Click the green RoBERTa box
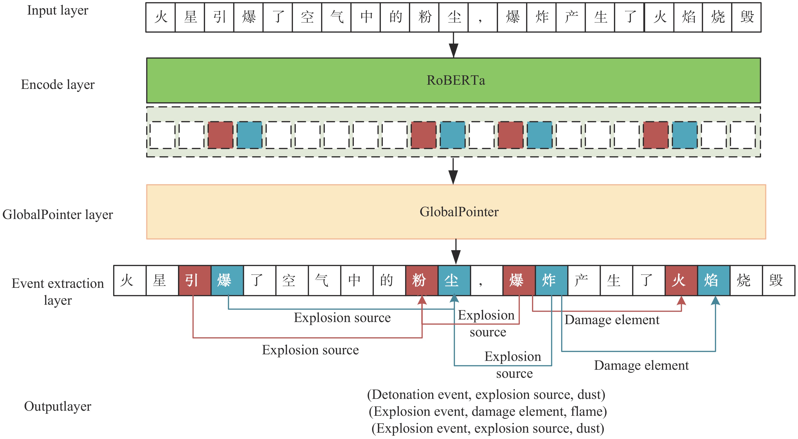coord(453,80)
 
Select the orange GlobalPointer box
coord(456,212)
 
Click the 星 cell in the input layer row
coord(190,17)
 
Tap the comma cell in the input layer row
coord(483,17)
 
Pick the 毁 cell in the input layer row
coord(746,17)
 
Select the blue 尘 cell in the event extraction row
coord(454,280)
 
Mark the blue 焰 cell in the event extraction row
coord(714,280)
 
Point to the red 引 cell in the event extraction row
coord(195,280)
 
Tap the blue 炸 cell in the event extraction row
coord(551,280)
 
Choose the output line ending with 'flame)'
coord(488,411)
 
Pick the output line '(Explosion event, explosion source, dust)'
coord(488,428)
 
